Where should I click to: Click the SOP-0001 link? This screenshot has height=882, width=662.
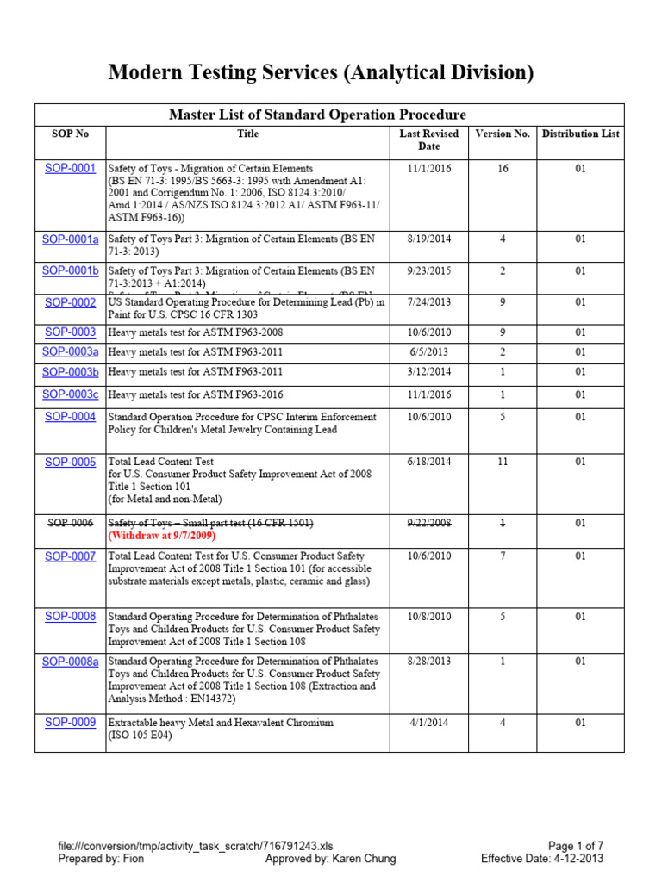click(70, 168)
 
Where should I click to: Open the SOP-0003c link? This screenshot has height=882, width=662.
click(72, 394)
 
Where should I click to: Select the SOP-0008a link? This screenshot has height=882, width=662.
click(71, 661)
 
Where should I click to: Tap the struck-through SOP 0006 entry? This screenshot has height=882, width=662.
click(71, 523)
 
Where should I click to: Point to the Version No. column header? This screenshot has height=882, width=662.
click(503, 134)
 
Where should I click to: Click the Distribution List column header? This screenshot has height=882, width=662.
click(580, 134)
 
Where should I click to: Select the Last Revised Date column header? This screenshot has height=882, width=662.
click(428, 140)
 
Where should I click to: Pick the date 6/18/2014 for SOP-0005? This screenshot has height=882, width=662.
click(428, 462)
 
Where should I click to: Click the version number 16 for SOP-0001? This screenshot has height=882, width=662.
click(503, 169)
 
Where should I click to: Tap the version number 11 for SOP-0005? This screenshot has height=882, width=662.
click(503, 462)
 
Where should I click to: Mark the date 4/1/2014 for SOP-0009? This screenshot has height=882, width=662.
click(428, 722)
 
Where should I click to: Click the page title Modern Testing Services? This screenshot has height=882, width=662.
click(321, 73)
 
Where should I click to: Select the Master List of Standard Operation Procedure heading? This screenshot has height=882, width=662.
click(317, 115)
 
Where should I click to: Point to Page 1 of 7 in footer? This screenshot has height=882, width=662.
click(576, 847)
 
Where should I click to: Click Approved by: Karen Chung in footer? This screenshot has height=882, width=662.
click(331, 859)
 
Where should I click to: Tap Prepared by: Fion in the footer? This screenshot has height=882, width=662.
click(101, 859)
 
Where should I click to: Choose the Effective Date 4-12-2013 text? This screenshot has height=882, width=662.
click(542, 859)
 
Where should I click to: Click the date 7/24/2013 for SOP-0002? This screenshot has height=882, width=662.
click(428, 302)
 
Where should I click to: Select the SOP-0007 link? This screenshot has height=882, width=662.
click(71, 556)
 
